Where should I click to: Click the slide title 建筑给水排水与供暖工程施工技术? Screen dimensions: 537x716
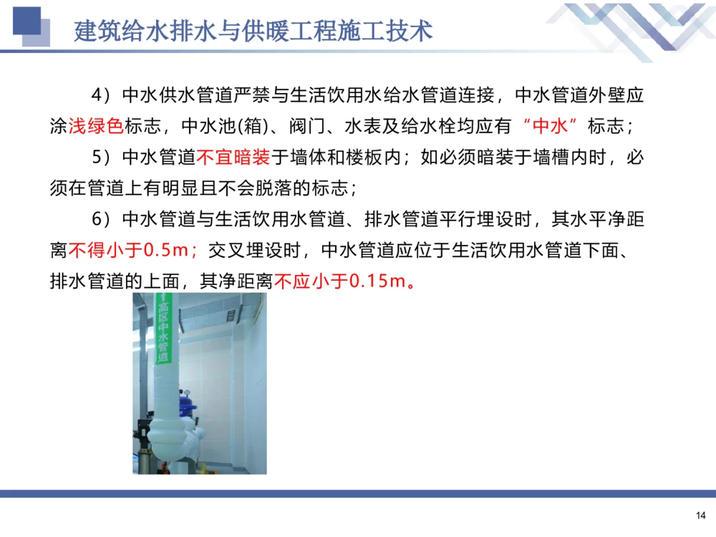pyautogui.click(x=253, y=32)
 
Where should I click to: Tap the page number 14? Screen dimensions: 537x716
pyautogui.click(x=700, y=516)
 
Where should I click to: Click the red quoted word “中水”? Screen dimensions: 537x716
pyautogui.click(x=551, y=126)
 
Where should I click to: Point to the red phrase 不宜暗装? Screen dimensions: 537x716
pyautogui.click(x=223, y=158)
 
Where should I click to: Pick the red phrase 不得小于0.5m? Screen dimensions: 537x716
pyautogui.click(x=133, y=251)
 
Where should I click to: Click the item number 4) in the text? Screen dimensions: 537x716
pyautogui.click(x=102, y=95)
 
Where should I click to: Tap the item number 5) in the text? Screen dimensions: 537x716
pyautogui.click(x=102, y=158)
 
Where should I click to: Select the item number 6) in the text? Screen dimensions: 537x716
pyautogui.click(x=102, y=219)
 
